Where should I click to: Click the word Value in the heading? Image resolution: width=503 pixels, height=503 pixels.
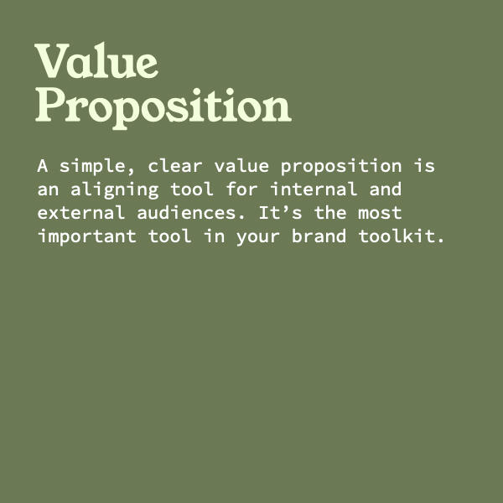pyautogui.click(x=96, y=60)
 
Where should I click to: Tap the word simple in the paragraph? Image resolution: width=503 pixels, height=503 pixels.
pyautogui.click(x=92, y=167)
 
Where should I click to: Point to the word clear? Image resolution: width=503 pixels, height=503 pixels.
pyautogui.click(x=175, y=166)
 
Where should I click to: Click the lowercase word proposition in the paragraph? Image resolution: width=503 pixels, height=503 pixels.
pyautogui.click(x=341, y=167)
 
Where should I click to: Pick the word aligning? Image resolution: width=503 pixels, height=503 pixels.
pyautogui.click(x=115, y=190)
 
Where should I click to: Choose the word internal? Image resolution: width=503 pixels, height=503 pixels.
pyautogui.click(x=314, y=189)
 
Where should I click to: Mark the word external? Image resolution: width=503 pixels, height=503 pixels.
pyautogui.click(x=81, y=212)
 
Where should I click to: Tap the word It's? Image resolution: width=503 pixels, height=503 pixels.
pyautogui.click(x=280, y=212)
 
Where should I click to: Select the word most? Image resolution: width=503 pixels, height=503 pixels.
pyautogui.click(x=380, y=213)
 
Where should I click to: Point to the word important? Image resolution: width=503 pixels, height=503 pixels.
pyautogui.click(x=87, y=236)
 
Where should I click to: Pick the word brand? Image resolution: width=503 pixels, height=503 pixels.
pyautogui.click(x=319, y=236)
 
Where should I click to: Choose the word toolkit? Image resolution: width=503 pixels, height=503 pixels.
pyautogui.click(x=397, y=236)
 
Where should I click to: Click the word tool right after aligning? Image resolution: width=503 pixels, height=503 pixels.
pyautogui.click(x=192, y=189)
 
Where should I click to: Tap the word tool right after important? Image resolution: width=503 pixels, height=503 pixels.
pyautogui.click(x=170, y=236)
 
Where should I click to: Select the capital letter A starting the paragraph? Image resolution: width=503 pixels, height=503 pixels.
pyautogui.click(x=43, y=166)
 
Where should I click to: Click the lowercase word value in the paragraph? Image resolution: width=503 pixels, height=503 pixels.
pyautogui.click(x=241, y=166)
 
